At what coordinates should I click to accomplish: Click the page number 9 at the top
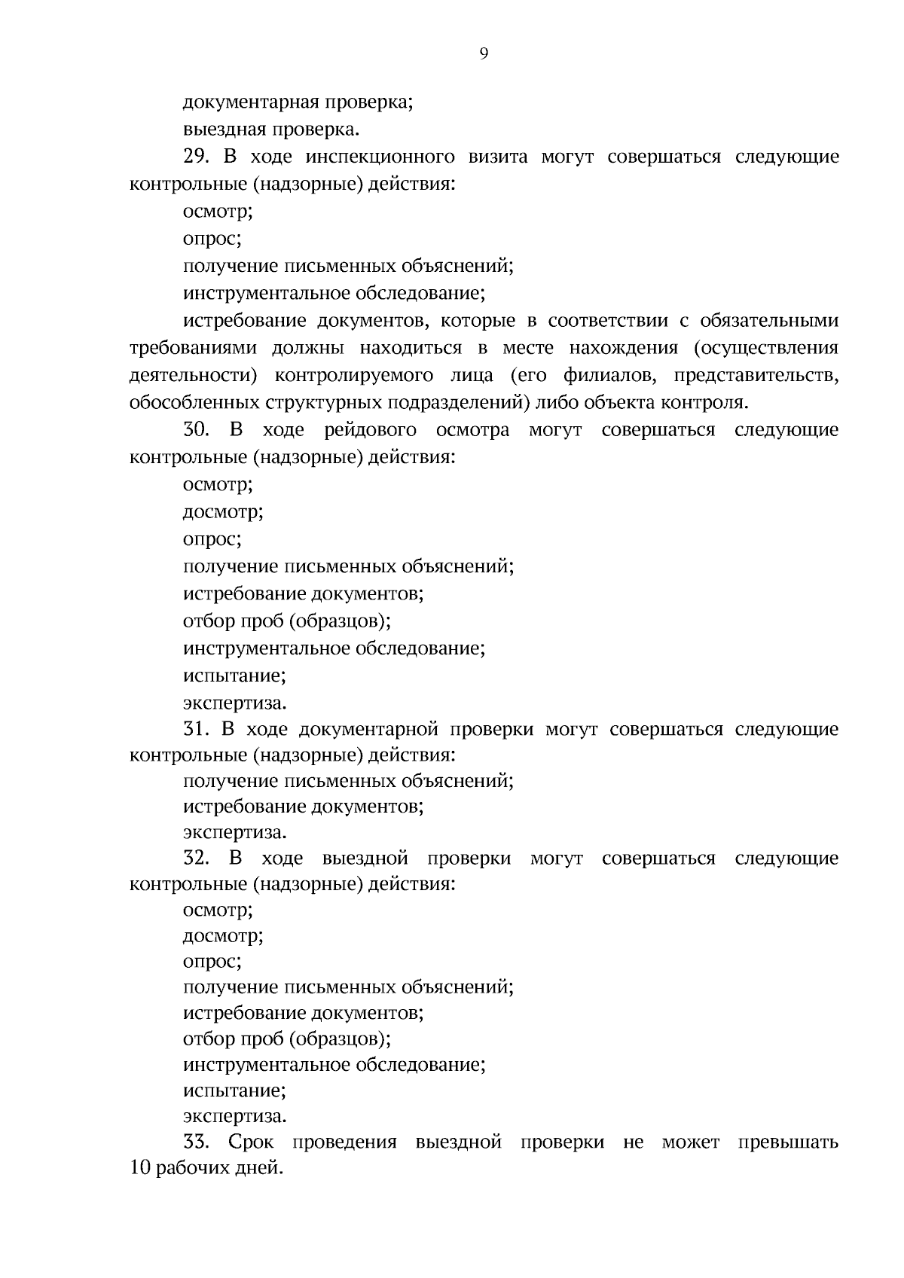(x=483, y=53)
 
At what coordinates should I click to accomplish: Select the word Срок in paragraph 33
(x=251, y=1142)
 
